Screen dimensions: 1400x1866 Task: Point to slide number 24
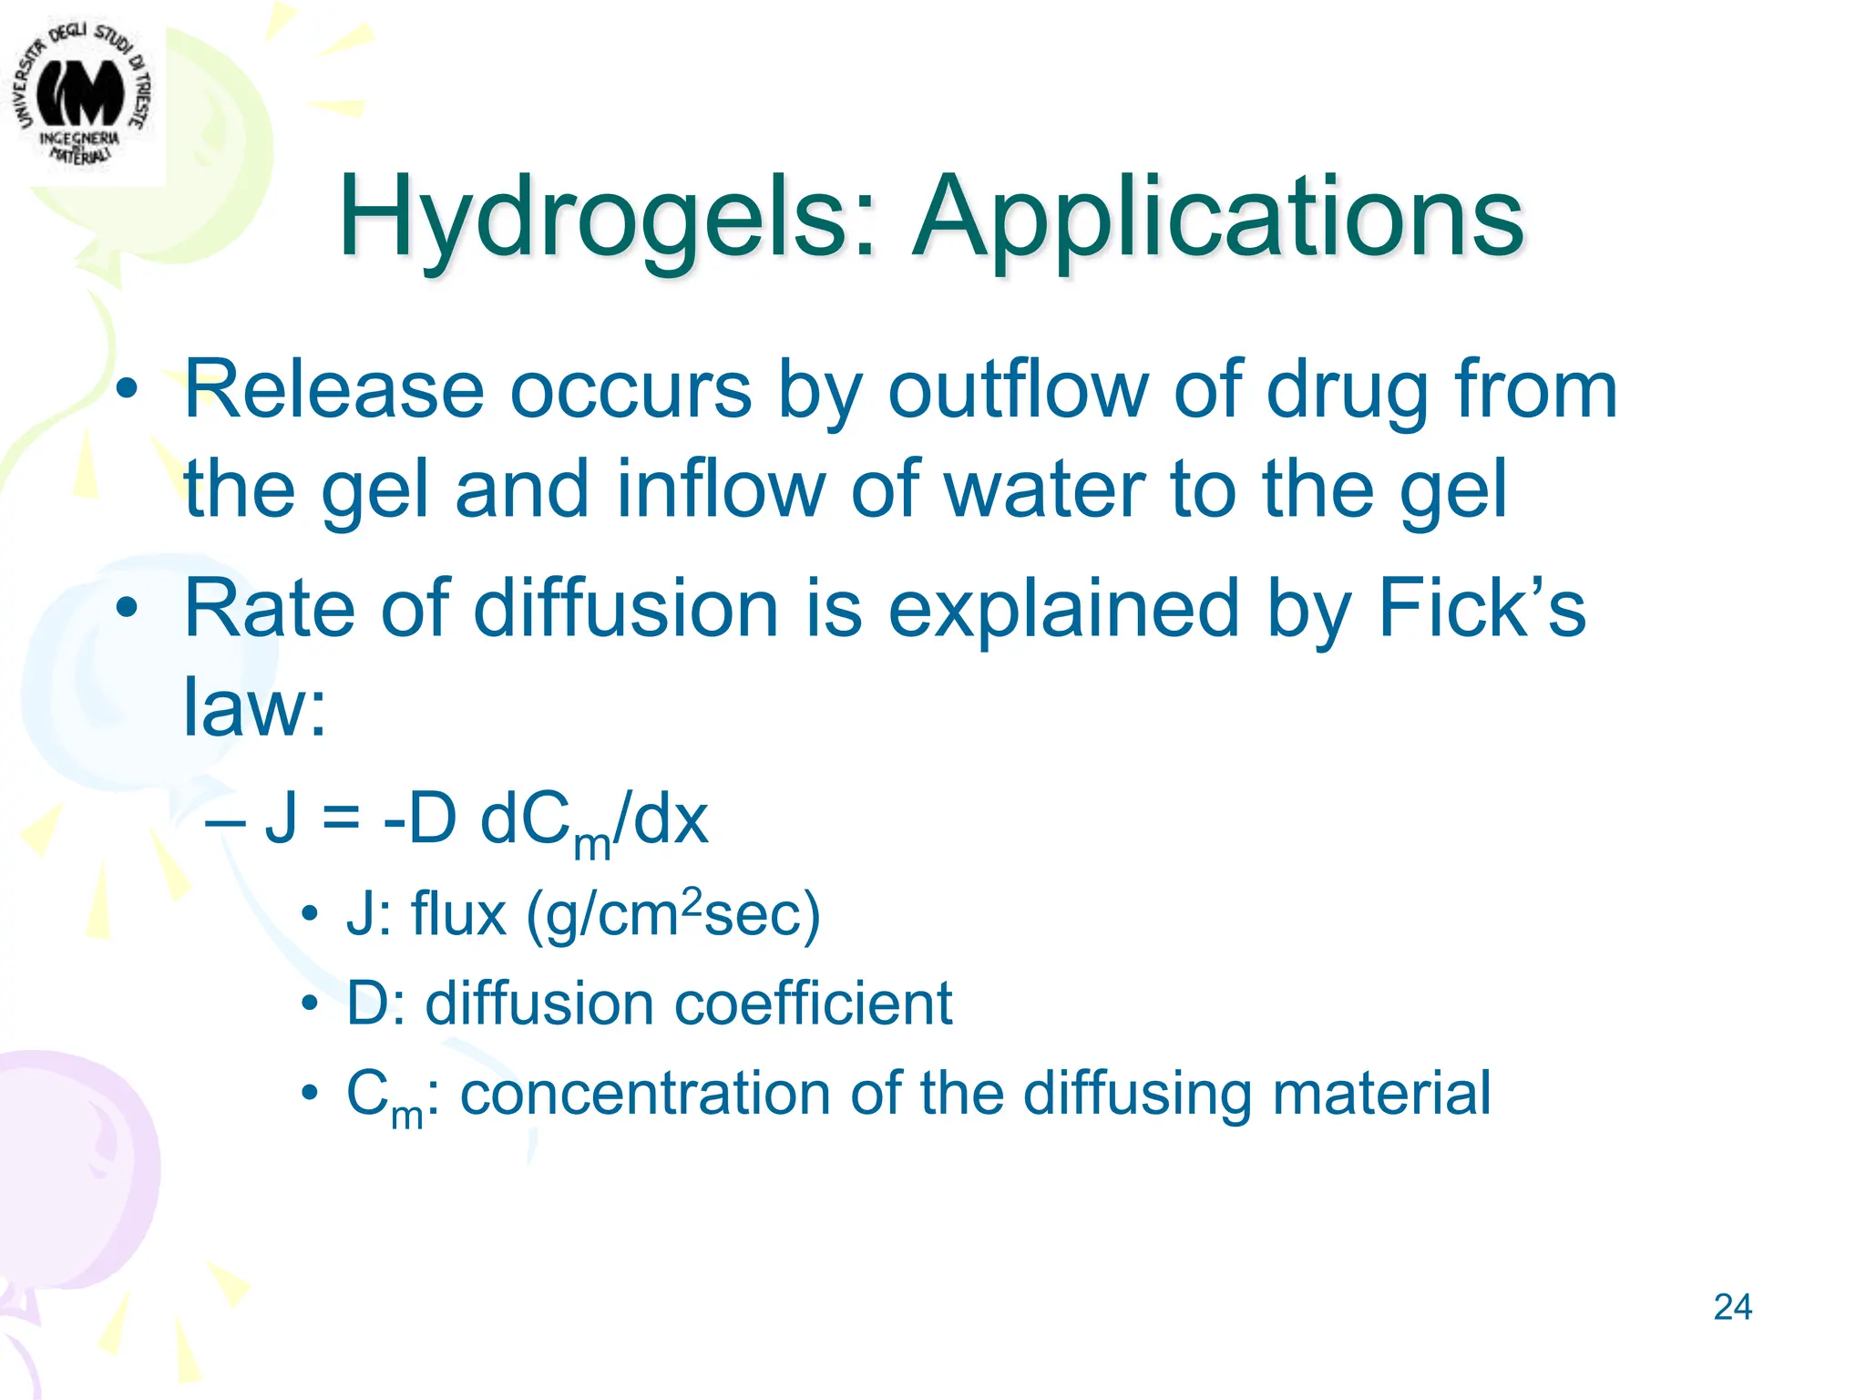1732,1307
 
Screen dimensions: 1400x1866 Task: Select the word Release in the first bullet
333,390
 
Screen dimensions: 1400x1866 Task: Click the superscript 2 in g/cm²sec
692,901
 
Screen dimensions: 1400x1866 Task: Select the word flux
458,913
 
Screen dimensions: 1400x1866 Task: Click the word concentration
645,1093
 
